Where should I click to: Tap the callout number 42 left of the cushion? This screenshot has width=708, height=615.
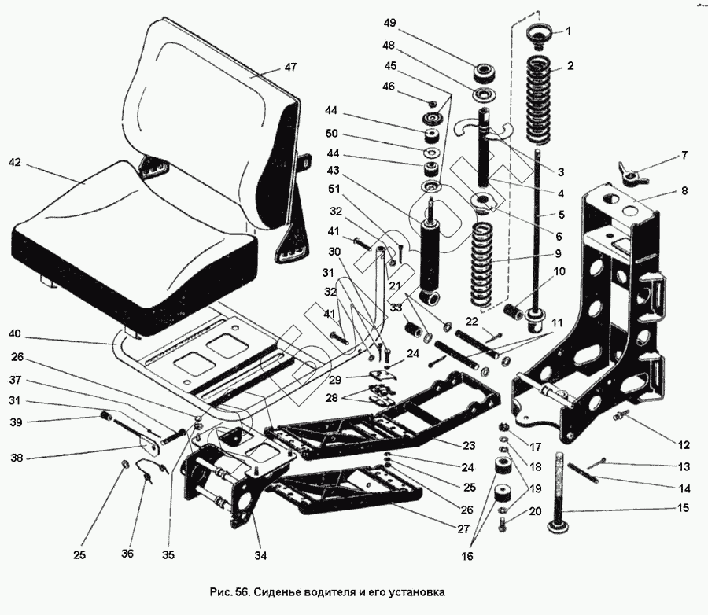(x=15, y=164)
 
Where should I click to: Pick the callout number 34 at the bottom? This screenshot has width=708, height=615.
(x=260, y=556)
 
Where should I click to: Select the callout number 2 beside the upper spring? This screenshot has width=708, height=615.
(x=570, y=66)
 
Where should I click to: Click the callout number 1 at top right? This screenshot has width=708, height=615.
(x=570, y=31)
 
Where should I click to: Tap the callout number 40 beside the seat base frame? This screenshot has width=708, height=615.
(x=15, y=333)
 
